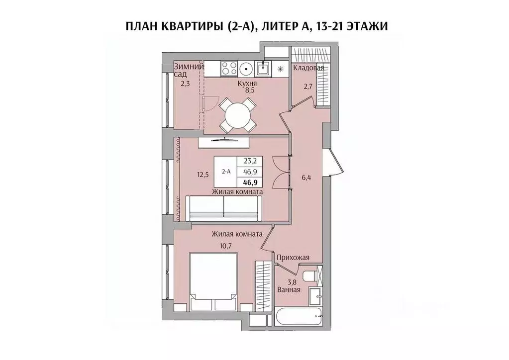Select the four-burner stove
click(229, 68)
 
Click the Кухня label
click(247, 84)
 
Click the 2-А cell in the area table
click(226, 171)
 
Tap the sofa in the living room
click(224, 207)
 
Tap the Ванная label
click(289, 289)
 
